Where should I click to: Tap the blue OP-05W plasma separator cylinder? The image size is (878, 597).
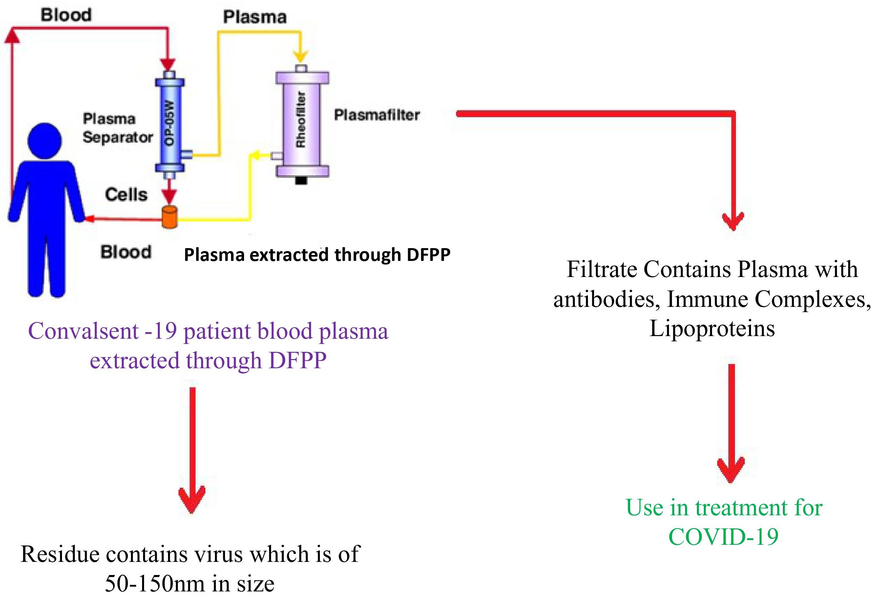pos(170,125)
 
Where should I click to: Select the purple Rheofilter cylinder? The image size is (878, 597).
pos(302,123)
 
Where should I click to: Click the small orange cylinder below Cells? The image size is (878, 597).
pos(170,217)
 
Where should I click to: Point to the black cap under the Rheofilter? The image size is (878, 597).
pos(301,181)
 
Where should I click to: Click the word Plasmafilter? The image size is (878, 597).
pos(377,115)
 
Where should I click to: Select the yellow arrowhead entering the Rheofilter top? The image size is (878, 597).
pos(301,57)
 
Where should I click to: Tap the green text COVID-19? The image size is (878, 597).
pos(723,537)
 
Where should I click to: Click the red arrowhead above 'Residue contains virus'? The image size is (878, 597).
pos(192,501)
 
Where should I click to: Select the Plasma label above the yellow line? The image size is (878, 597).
pos(255,17)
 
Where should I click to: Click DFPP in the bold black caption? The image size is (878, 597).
pos(429,255)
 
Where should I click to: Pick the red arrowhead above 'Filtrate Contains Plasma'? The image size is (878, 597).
pos(733,221)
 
